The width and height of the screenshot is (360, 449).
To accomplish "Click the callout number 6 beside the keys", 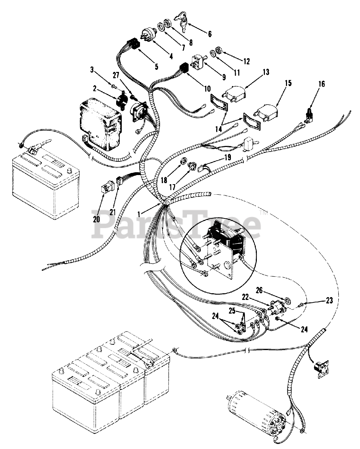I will point(210,34).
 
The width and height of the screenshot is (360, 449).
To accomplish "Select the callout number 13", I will point(266,73).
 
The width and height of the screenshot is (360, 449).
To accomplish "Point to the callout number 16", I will point(322,84).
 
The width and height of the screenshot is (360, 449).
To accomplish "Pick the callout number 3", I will point(92,70).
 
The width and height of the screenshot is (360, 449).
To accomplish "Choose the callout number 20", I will point(96,219).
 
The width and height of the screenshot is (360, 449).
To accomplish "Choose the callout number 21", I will point(112,212).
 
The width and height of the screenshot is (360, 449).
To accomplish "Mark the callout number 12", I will point(246,61).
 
